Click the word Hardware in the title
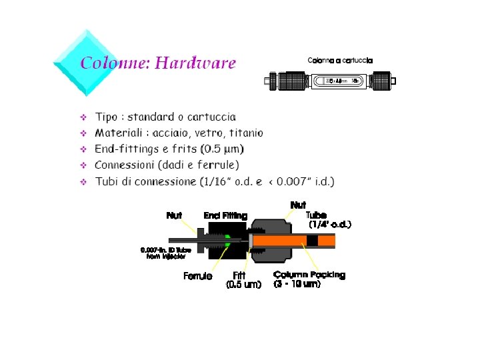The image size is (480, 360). (195, 63)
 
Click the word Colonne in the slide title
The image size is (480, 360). (115, 63)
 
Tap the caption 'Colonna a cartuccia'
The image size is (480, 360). (340, 61)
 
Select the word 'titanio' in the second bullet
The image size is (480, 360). (243, 133)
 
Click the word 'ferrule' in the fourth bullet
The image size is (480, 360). (217, 165)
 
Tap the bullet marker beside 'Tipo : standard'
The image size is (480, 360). (84, 118)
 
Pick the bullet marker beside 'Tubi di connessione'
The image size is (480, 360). (84, 181)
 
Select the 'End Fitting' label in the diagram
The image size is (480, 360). (225, 215)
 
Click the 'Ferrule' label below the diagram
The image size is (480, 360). (197, 276)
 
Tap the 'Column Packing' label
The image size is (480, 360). (309, 275)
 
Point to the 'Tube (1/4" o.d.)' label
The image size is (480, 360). (328, 220)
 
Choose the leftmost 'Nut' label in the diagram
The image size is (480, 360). (174, 215)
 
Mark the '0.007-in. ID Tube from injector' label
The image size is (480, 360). (166, 253)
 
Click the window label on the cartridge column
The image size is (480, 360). (343, 81)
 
